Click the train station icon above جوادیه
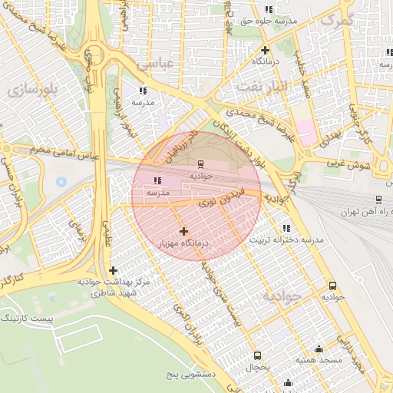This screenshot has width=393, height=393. pos(200,163)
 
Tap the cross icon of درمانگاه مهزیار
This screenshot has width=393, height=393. pos(183,231)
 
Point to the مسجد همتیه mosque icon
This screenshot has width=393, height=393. pos(319,349)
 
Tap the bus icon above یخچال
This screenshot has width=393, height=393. pos(257,355)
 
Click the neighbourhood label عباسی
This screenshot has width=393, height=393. pos(156,65)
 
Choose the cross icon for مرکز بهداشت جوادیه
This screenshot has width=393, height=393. pos(114,270)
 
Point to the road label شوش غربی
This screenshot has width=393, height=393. pos(353,164)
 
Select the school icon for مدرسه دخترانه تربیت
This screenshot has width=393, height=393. pos(286,228)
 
